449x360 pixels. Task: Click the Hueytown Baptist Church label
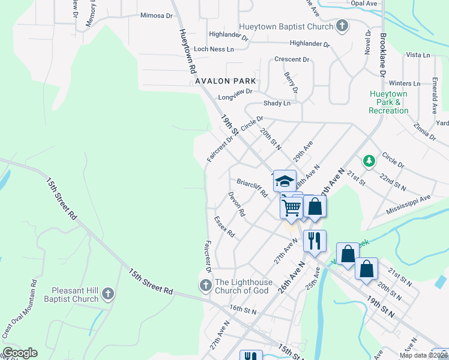click(x=286, y=27)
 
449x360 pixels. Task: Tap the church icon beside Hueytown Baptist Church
click(x=342, y=26)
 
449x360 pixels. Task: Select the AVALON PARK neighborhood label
click(x=226, y=80)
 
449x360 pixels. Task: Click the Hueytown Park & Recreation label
click(x=388, y=103)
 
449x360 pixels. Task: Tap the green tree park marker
click(x=369, y=161)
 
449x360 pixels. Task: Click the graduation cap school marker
click(x=284, y=180)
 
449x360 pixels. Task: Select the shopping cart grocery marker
click(x=292, y=208)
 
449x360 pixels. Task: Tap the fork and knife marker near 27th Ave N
click(x=314, y=241)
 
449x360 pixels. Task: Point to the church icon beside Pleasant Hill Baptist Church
click(x=108, y=293)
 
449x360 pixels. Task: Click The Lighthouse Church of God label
click(x=243, y=286)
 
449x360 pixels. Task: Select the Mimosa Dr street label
click(x=155, y=16)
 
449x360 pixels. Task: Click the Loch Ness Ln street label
click(x=214, y=49)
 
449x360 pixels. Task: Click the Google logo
click(x=19, y=353)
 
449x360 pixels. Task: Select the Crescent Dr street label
click(x=291, y=59)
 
